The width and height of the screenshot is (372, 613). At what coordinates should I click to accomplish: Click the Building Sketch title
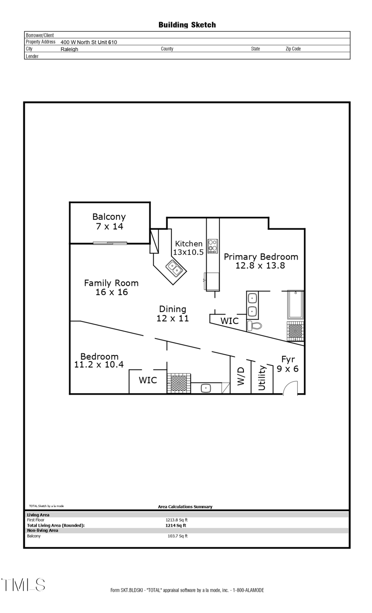coord(187,25)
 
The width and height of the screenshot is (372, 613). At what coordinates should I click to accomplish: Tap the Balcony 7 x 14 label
coord(109,222)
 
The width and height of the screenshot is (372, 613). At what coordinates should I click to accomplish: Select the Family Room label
coord(111,288)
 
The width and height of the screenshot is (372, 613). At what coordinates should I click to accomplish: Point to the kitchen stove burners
coord(212,246)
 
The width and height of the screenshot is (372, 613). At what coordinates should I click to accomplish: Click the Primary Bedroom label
coord(261,261)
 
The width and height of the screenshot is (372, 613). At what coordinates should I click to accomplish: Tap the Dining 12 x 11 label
coord(173,313)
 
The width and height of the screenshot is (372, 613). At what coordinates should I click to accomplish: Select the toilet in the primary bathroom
coord(254,326)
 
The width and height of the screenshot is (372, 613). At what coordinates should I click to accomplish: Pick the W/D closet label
coord(241,376)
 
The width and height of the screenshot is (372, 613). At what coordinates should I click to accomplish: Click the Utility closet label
coord(262,377)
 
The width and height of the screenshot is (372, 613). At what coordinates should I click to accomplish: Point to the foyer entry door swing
coord(290,388)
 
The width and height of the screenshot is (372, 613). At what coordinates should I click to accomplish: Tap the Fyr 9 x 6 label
coord(288,364)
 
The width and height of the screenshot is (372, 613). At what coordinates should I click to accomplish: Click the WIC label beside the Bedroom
coord(148,380)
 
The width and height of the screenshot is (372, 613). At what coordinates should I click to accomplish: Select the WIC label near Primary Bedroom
coord(229,321)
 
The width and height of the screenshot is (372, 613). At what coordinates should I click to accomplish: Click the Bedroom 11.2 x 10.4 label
coord(99,360)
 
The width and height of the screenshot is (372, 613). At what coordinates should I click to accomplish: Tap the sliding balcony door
coord(110,243)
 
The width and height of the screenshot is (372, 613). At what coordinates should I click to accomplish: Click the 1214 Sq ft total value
coord(176,525)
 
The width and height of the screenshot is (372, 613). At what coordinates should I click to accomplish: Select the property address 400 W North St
coord(88,42)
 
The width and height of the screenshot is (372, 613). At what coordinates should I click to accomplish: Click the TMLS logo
coord(23,584)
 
